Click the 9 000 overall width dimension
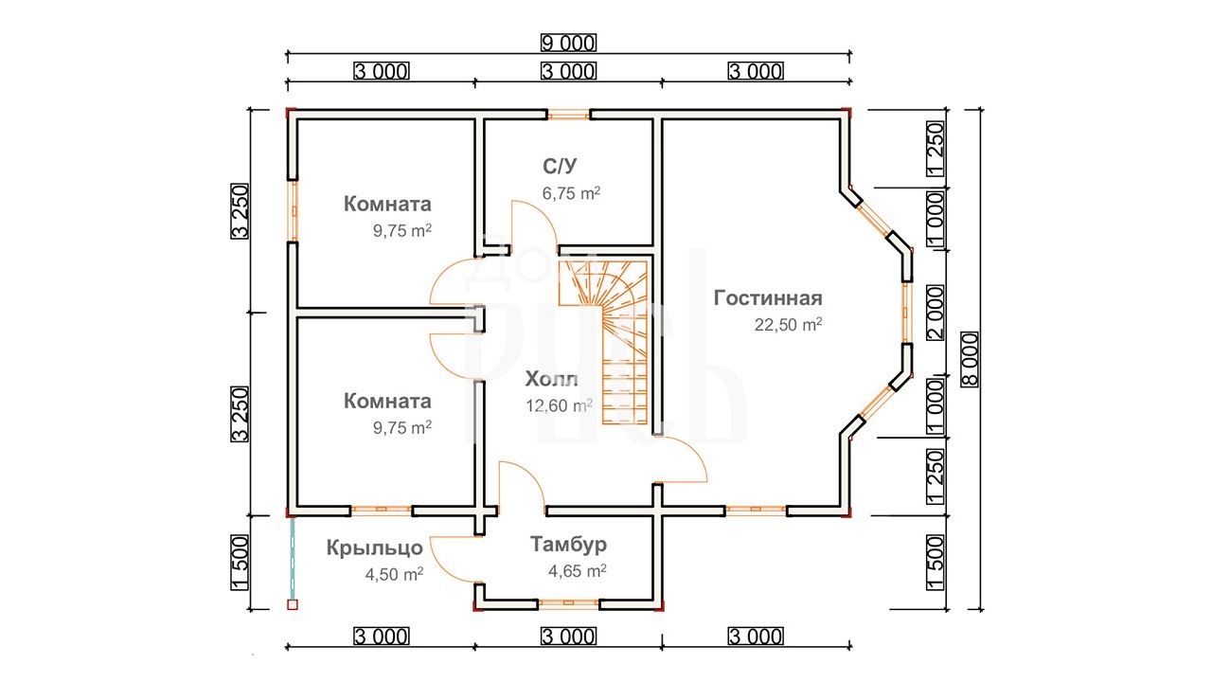click(568, 43)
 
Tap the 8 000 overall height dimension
click(970, 359)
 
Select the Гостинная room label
click(768, 298)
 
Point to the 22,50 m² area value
click(789, 324)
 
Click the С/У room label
click(560, 166)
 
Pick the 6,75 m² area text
click(571, 192)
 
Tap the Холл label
click(551, 380)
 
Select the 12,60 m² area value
click(559, 405)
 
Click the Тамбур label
click(568, 545)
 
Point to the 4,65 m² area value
click(578, 570)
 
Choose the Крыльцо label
click(374, 548)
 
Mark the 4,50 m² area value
click(394, 574)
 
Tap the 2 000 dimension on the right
click(936, 313)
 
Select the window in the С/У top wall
click(568, 115)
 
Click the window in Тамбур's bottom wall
click(568, 603)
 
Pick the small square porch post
click(293, 604)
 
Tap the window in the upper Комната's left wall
click(293, 211)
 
